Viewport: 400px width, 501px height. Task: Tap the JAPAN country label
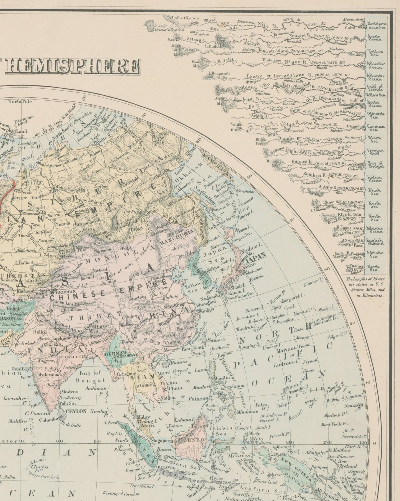[x=256, y=255]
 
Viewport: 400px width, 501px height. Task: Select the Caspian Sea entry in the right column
[x=376, y=128]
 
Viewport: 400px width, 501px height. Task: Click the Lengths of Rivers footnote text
[x=365, y=287]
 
